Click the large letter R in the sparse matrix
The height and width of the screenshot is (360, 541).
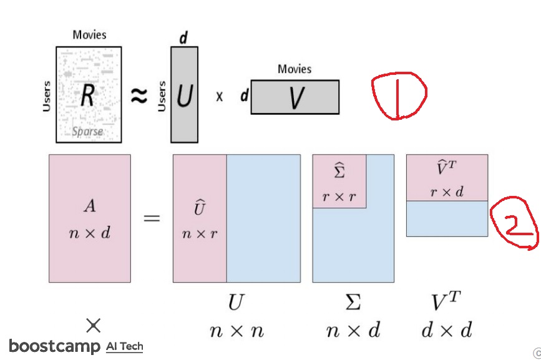pyautogui.click(x=88, y=95)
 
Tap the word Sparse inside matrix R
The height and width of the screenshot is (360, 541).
pyautogui.click(x=87, y=132)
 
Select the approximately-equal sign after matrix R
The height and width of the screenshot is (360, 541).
pyautogui.click(x=139, y=95)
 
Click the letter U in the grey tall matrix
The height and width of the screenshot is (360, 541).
pyautogui.click(x=183, y=96)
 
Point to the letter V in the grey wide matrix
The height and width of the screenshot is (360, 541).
pyautogui.click(x=295, y=99)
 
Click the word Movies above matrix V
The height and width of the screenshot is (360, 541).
pyautogui.click(x=295, y=69)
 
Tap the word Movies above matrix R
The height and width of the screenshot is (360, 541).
pyautogui.click(x=89, y=35)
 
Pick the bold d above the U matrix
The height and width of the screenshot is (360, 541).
pyautogui.click(x=183, y=38)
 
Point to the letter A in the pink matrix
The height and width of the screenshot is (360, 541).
pyautogui.click(x=89, y=206)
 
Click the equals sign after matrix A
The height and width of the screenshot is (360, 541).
pyautogui.click(x=152, y=218)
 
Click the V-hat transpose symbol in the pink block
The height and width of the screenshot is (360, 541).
pyautogui.click(x=447, y=170)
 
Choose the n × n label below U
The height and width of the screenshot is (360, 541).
pyautogui.click(x=236, y=330)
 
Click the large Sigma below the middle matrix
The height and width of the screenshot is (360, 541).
pyautogui.click(x=353, y=303)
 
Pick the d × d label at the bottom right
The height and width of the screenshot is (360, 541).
pyautogui.click(x=447, y=330)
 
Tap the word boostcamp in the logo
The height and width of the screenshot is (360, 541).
pyautogui.click(x=54, y=346)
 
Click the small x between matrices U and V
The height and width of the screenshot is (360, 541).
pyautogui.click(x=219, y=97)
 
